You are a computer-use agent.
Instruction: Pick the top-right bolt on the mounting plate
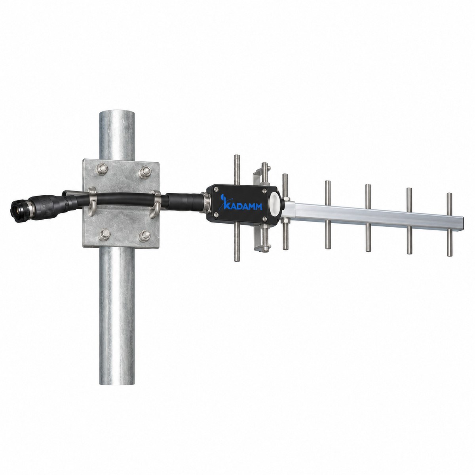[145, 172]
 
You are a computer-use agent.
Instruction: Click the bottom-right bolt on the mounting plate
[145, 236]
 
